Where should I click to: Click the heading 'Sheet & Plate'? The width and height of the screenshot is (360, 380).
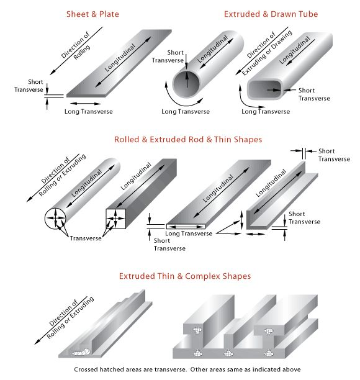92,14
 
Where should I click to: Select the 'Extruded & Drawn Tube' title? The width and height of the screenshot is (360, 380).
271,14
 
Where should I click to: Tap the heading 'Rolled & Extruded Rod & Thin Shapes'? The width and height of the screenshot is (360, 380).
188,140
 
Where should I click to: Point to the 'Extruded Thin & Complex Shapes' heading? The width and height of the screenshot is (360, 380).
185,276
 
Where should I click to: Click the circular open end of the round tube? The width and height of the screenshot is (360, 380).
186,84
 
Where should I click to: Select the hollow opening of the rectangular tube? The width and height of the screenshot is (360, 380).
264,89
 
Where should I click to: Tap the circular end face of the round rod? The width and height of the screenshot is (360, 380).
55,218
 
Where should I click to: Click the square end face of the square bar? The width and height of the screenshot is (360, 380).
116,219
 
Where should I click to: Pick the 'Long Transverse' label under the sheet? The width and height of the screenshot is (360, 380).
88,112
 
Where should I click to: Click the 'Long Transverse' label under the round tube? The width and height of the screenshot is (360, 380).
186,112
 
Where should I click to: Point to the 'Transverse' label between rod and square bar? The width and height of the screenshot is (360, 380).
86,238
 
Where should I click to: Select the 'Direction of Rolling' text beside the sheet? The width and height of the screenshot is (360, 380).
76,46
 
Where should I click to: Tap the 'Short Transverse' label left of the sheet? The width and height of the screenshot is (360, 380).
29,86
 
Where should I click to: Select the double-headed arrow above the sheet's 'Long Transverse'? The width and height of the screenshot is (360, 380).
85,104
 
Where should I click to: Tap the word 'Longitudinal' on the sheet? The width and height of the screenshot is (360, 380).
120,58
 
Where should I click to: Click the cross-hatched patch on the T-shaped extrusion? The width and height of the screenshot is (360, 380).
81,352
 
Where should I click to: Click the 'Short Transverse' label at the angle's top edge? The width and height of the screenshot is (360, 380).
334,155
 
